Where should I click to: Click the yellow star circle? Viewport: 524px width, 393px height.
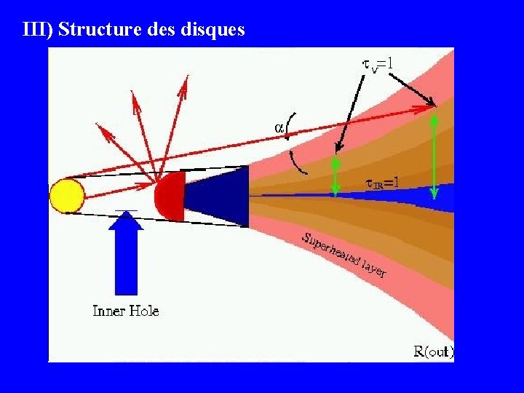tap(67, 196)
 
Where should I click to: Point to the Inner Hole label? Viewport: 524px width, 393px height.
tap(126, 311)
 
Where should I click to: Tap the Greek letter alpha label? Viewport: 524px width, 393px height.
tap(279, 127)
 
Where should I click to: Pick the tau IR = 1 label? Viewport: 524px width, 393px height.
tap(381, 184)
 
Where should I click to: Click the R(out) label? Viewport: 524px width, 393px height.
tap(433, 352)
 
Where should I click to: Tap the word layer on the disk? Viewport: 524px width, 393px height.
tap(373, 270)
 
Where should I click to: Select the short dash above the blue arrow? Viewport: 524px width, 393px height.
tap(126, 211)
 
